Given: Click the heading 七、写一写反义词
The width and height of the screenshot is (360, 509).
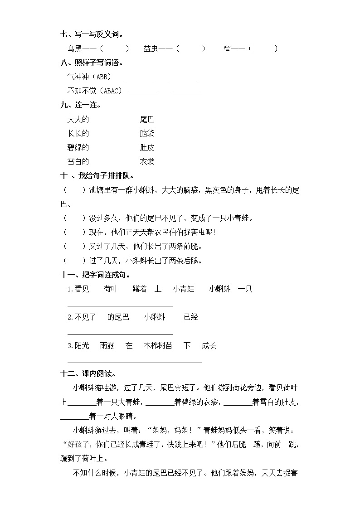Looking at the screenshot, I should pyautogui.click(x=92, y=34).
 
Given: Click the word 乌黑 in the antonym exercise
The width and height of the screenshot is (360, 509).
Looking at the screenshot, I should pyautogui.click(x=74, y=48).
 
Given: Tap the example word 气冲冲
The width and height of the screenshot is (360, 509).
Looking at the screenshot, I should pyautogui.click(x=78, y=77).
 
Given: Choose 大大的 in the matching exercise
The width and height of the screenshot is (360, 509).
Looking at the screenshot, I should pyautogui.click(x=78, y=120).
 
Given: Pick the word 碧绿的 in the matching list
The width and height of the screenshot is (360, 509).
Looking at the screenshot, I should pyautogui.click(x=78, y=148).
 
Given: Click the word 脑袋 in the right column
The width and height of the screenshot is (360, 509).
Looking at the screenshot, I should pyautogui.click(x=147, y=134).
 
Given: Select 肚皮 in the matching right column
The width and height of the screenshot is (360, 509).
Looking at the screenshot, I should pyautogui.click(x=147, y=148).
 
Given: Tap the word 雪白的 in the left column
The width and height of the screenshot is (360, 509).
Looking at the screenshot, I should pyautogui.click(x=78, y=162).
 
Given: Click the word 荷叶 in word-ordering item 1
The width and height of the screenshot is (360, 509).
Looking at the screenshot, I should pyautogui.click(x=110, y=289).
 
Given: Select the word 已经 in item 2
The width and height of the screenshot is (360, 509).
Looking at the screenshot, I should pyautogui.click(x=191, y=317).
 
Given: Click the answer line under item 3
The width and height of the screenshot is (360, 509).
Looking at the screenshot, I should pyautogui.click(x=134, y=362).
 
